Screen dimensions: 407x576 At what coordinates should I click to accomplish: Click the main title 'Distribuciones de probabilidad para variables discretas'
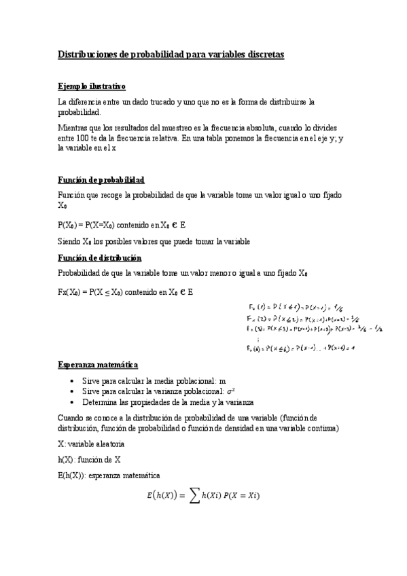pos(171,54)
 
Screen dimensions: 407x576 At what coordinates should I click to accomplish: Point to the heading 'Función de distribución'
pos(100,258)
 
